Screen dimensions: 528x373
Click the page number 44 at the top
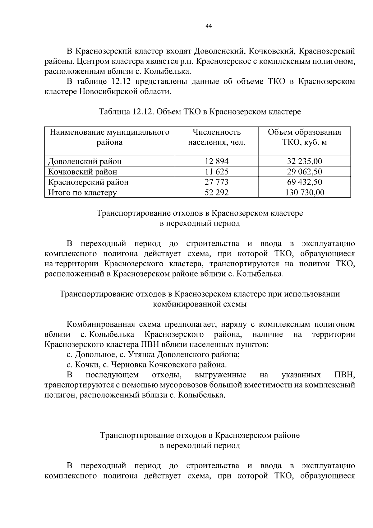click(x=209, y=26)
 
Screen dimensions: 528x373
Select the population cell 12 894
click(x=217, y=161)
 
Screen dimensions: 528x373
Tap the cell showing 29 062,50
click(x=304, y=171)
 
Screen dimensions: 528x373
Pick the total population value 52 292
click(x=217, y=192)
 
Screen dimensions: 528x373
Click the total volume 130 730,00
click(x=304, y=192)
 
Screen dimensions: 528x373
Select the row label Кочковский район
click(x=82, y=171)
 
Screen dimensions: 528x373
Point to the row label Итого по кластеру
click(x=82, y=192)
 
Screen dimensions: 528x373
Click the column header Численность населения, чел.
click(x=217, y=137)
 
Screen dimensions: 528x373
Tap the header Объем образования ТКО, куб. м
click(x=304, y=137)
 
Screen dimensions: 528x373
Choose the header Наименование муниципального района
click(x=109, y=137)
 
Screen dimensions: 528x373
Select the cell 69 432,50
click(x=304, y=182)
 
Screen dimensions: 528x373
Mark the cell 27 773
click(x=217, y=182)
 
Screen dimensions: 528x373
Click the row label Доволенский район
click(x=85, y=161)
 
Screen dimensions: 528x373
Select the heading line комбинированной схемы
click(x=200, y=304)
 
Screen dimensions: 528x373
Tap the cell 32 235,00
click(x=304, y=161)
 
